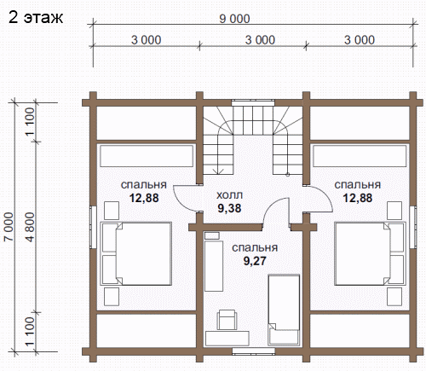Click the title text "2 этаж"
pyautogui.click(x=36, y=17)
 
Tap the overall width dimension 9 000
pyautogui.click(x=234, y=19)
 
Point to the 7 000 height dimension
pyautogui.click(x=9, y=227)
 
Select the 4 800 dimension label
pyautogui.click(x=30, y=227)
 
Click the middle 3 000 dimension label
pyautogui.click(x=260, y=40)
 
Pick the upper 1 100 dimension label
pyautogui.click(x=30, y=122)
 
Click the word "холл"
pyautogui.click(x=229, y=195)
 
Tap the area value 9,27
pyautogui.click(x=255, y=261)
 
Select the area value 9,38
pyautogui.click(x=229, y=208)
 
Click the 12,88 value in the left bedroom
pyautogui.click(x=144, y=198)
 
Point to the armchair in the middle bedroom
pyautogui.click(x=227, y=320)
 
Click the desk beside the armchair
pyautogui.click(x=227, y=339)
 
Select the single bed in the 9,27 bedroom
pyautogui.click(x=284, y=310)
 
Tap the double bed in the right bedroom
pyautogui.click(x=370, y=253)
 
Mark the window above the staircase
pyautogui.click(x=253, y=102)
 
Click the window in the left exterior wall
pyautogui.click(x=93, y=227)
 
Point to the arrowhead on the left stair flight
pyautogui.click(x=219, y=171)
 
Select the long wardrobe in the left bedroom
pyautogui.click(x=147, y=156)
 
